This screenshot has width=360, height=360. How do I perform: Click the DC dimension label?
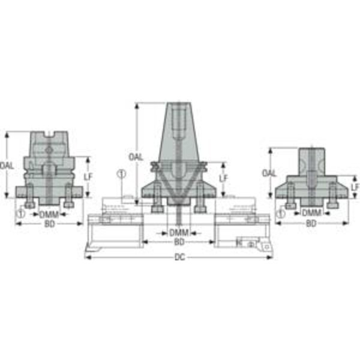180,257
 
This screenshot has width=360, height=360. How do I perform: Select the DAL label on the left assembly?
7,166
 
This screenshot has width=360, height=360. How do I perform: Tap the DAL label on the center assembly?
136,157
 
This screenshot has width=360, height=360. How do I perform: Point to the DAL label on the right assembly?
269,173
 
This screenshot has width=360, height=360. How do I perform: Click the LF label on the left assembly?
88,177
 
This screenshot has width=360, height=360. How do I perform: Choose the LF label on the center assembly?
223,178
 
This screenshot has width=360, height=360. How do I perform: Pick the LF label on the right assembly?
355,187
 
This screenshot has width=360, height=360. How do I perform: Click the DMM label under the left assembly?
49,215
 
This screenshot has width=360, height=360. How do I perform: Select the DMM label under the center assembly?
179,233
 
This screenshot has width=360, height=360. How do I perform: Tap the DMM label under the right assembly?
311,213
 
